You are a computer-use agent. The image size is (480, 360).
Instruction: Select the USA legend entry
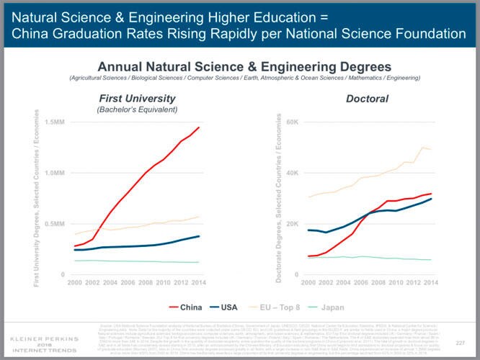point(223,308)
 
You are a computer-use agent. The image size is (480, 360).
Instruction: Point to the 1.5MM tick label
point(54,122)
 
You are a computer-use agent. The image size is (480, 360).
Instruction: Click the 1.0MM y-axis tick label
point(54,174)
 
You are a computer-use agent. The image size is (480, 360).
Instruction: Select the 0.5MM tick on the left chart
point(54,224)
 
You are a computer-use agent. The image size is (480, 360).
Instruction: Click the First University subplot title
point(136,98)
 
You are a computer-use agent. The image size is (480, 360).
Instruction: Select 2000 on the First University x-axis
point(74,282)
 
